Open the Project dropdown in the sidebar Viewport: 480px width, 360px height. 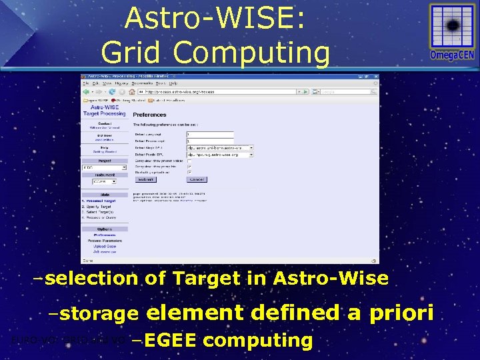[105, 167]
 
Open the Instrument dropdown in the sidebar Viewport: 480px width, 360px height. [105, 181]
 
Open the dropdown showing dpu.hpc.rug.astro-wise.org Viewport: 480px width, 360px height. [220, 154]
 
